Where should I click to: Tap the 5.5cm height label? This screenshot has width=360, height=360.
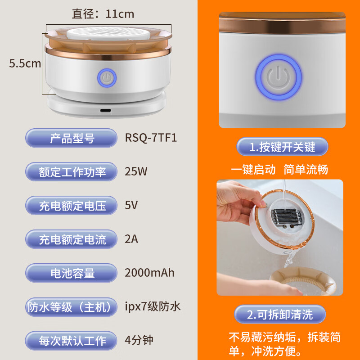pyautogui.click(x=25, y=64)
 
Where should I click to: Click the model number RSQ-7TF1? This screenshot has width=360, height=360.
pyautogui.click(x=151, y=137)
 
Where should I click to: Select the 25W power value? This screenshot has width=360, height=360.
pyautogui.click(x=136, y=171)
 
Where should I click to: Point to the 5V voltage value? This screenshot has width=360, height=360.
pyautogui.click(x=131, y=206)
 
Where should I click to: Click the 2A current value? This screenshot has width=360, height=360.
pyautogui.click(x=131, y=239)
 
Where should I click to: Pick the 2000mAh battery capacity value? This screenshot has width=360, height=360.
pyautogui.click(x=149, y=273)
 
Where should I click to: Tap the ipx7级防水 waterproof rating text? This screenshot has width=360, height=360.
pyautogui.click(x=153, y=307)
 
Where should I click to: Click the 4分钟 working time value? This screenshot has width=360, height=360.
pyautogui.click(x=139, y=340)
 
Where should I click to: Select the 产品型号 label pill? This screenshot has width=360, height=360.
pyautogui.click(x=72, y=138)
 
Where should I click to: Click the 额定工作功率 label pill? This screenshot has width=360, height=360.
pyautogui.click(x=72, y=172)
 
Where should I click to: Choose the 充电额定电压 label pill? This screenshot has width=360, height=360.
pyautogui.click(x=72, y=206)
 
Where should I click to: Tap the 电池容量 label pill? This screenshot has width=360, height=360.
pyautogui.click(x=72, y=273)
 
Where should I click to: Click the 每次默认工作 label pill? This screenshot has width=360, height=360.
pyautogui.click(x=72, y=340)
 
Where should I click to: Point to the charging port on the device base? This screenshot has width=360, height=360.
pyautogui.click(x=106, y=111)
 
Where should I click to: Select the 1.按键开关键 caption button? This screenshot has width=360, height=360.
pyautogui.click(x=283, y=147)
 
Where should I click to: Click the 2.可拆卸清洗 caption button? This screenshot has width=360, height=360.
pyautogui.click(x=280, y=314)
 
